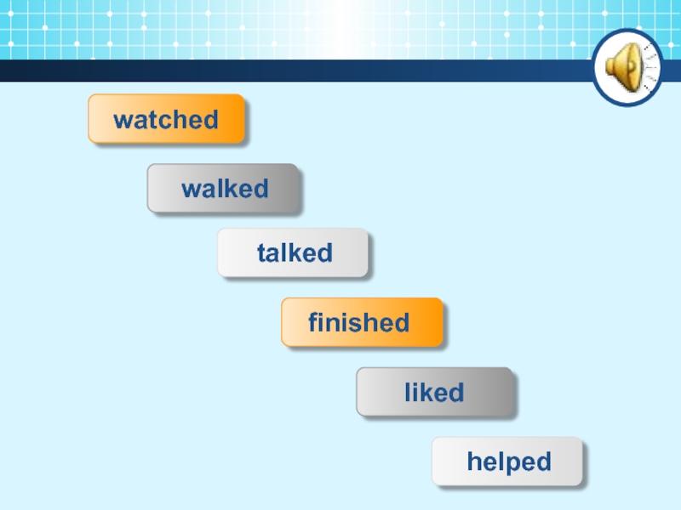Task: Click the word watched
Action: click(166, 120)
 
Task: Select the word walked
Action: click(225, 189)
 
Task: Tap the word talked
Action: click(295, 252)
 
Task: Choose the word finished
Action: click(358, 323)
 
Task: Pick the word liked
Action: click(434, 393)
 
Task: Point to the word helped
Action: click(509, 462)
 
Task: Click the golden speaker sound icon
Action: click(622, 68)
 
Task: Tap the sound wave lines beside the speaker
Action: click(649, 68)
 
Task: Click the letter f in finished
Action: click(313, 323)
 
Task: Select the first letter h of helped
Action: click(473, 462)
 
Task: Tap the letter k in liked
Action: click(429, 393)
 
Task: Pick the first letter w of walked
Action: click(190, 190)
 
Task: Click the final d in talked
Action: click(324, 252)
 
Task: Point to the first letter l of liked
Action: click(408, 393)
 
